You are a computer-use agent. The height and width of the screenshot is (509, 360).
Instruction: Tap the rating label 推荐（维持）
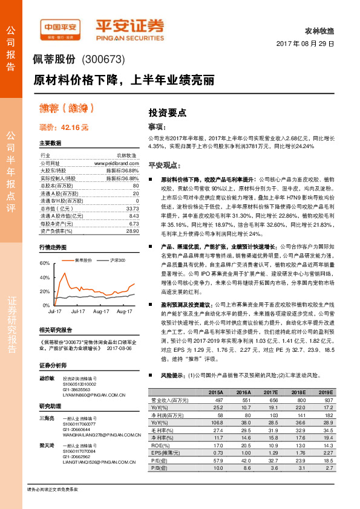point(67,109)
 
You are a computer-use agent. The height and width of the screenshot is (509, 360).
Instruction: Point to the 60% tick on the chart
point(44,264)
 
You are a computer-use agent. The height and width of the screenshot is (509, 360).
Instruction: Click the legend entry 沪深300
point(117,260)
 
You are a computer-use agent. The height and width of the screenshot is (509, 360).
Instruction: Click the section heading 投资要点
point(168,112)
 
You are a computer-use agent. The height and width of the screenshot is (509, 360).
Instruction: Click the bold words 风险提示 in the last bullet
point(172,375)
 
